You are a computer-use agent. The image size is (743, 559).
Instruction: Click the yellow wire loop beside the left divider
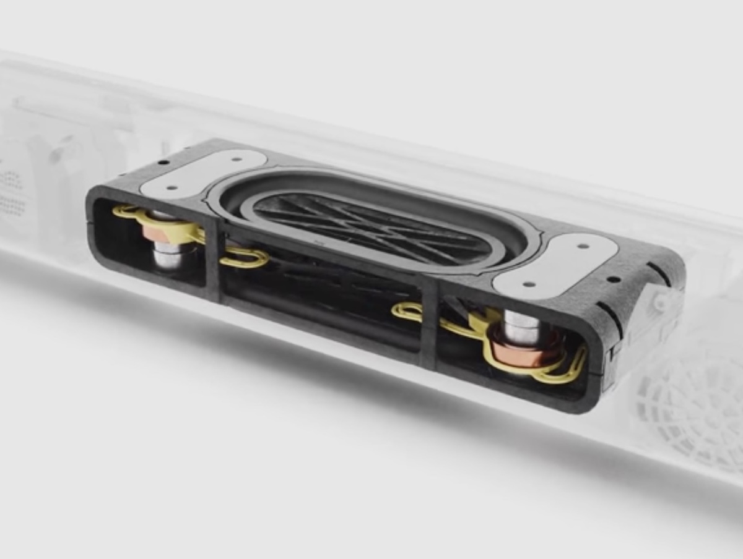(245, 256)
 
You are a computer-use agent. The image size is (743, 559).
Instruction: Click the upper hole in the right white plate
(583, 246)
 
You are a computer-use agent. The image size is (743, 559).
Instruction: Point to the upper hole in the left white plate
(237, 159)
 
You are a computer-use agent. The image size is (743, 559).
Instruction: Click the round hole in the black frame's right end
(613, 279)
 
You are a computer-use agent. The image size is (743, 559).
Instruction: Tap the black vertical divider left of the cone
(214, 260)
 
